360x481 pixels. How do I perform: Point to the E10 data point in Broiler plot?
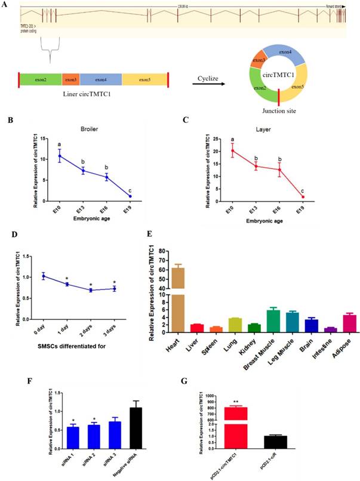[60, 156]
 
